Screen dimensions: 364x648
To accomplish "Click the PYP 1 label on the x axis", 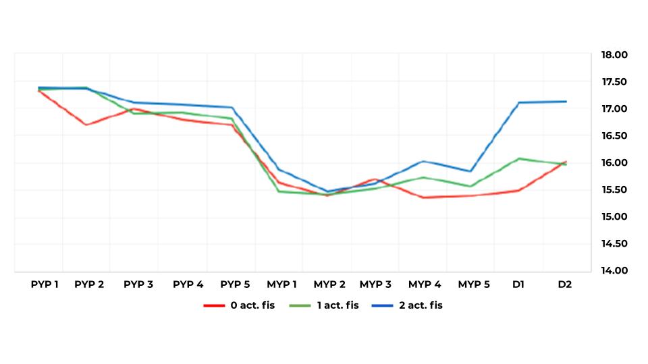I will point(45,284).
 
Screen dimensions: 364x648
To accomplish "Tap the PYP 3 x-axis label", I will point(138,284).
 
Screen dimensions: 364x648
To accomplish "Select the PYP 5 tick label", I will point(235,284).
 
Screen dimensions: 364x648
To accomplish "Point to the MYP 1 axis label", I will point(282,284).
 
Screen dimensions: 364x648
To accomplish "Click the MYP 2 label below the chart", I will point(329,284).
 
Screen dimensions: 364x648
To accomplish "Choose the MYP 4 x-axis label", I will point(425,284).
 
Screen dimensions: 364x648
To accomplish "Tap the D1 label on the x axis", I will point(518,284).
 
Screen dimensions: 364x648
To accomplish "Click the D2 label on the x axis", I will point(565,284).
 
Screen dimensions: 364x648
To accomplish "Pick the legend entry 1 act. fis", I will point(338,305).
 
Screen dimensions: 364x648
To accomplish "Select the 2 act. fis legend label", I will point(421,305).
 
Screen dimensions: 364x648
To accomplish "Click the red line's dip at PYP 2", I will point(86,125).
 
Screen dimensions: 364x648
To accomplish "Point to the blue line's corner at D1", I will point(518,102).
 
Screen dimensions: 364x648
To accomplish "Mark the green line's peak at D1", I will point(518,158).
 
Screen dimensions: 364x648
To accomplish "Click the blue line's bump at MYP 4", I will point(422,161).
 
